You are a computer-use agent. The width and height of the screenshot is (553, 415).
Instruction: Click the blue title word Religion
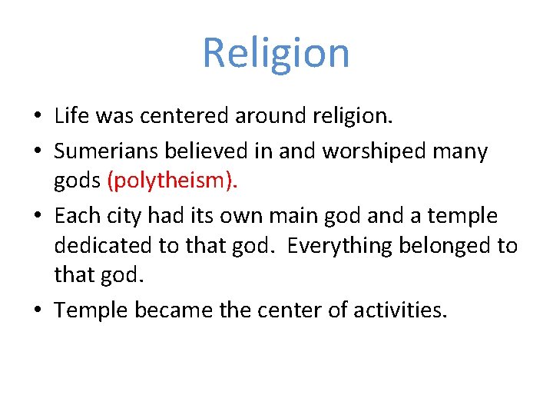coord(276,53)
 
